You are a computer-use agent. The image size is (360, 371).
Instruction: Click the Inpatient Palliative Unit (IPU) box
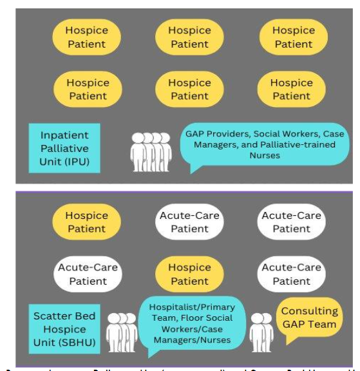coord(64,147)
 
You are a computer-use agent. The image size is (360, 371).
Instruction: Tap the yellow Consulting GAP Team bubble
coord(310,318)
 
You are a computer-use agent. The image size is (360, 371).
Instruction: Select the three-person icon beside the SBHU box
coord(122,332)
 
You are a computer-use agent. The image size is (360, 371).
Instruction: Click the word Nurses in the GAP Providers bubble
coord(264,155)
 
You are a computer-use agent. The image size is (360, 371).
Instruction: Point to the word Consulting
coord(310,311)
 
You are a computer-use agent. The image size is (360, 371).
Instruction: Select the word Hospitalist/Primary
coord(192,307)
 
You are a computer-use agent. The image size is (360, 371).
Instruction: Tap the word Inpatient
coord(64,135)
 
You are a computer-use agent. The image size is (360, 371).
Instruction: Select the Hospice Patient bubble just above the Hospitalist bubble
coord(190,274)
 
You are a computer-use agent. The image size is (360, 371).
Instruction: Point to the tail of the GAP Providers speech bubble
coord(195,169)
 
